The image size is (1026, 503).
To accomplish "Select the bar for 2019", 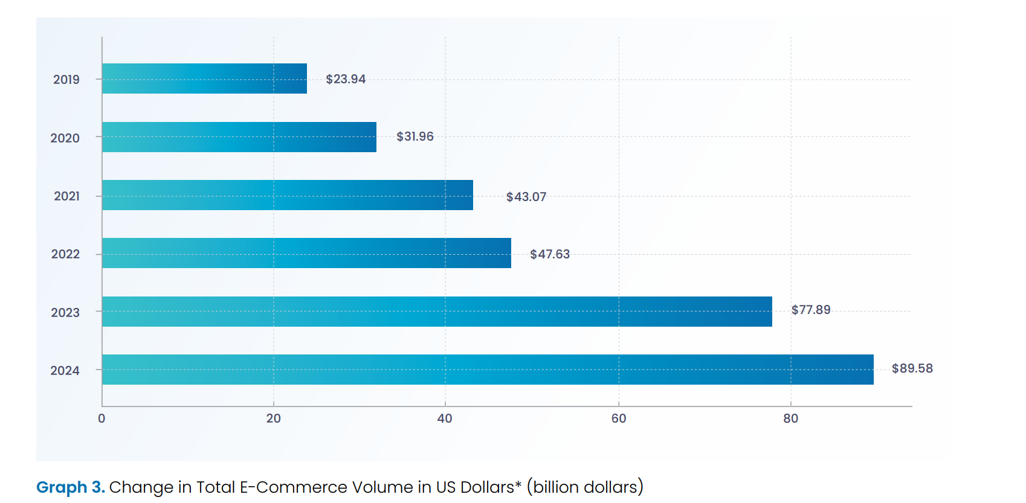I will [204, 78].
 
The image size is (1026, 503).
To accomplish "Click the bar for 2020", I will [239, 137].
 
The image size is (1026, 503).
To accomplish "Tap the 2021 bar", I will [288, 195].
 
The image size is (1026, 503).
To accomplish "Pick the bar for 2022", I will [306, 253].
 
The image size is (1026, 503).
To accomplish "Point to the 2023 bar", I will [437, 312].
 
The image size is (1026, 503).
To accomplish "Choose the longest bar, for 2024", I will [488, 370].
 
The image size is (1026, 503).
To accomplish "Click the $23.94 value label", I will [346, 79].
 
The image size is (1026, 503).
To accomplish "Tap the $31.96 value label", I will [415, 136].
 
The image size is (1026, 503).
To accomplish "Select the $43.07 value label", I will [526, 197].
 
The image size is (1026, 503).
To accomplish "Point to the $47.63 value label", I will [550, 254].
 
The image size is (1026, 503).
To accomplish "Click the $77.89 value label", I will [811, 310].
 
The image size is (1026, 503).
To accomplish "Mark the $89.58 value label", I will [912, 368].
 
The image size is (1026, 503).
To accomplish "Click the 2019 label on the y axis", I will [66, 80].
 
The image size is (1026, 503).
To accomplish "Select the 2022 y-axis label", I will [65, 254].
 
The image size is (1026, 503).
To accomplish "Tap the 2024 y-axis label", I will [65, 371].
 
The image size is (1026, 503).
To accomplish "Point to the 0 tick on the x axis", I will [102, 418].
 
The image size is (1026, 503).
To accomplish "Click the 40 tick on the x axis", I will [445, 418].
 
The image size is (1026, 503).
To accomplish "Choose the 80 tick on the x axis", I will [790, 418].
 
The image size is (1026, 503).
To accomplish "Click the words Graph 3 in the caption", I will [70, 487].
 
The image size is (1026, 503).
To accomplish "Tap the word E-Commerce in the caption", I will [294, 487].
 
